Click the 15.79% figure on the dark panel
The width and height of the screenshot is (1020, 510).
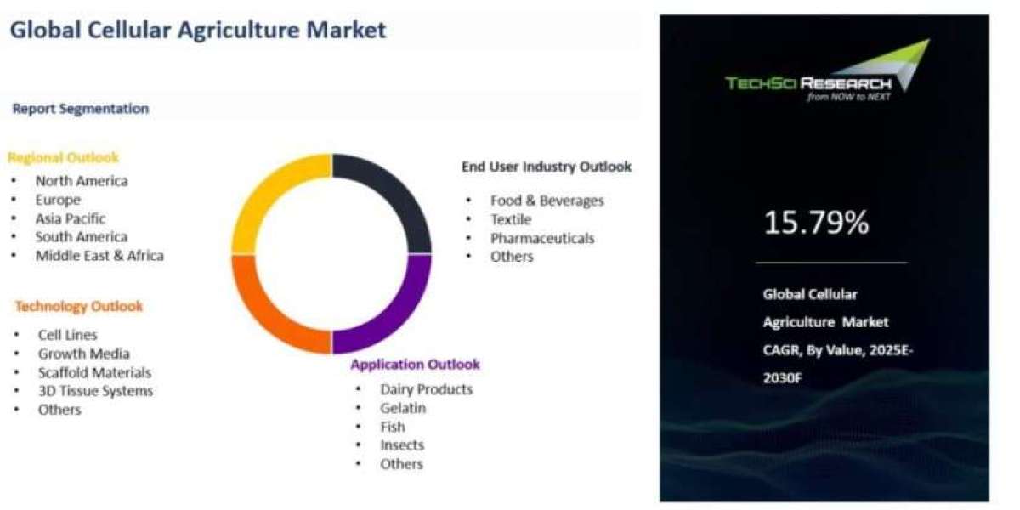(816, 223)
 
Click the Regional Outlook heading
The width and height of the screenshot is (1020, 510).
(63, 157)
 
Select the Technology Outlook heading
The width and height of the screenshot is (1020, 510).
(79, 306)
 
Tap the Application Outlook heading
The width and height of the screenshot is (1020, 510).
(416, 365)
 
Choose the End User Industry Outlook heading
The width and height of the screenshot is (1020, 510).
(547, 167)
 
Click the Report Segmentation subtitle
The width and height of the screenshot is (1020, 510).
(81, 109)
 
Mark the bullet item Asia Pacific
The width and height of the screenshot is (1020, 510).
(71, 218)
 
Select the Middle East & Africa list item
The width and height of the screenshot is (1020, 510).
(99, 256)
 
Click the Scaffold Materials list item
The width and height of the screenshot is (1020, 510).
(94, 372)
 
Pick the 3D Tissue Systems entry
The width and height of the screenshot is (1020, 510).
(95, 391)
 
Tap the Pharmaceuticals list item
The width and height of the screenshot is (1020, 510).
(542, 238)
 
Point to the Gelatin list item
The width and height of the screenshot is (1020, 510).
(403, 408)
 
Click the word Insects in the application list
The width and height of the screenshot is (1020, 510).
(402, 445)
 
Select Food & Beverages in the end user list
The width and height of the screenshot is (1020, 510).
(547, 201)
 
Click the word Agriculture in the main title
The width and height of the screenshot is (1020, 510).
(238, 30)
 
